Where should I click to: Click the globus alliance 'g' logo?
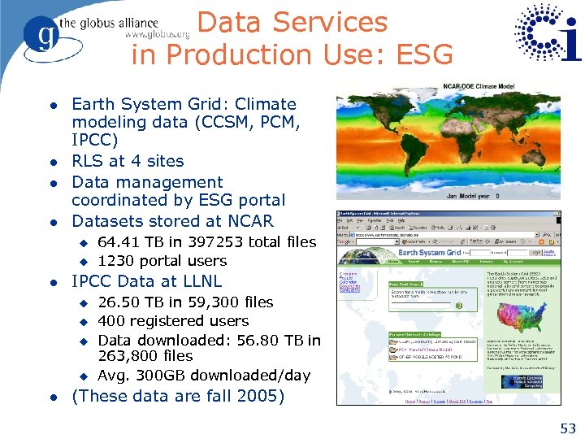click(x=41, y=35)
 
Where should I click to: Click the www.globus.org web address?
click(x=157, y=35)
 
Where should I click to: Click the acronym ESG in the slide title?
click(x=422, y=54)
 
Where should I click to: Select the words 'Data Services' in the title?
click(x=292, y=22)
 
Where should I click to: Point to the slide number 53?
click(x=567, y=428)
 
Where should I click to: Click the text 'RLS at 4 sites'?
click(x=128, y=161)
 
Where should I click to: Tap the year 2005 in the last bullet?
click(x=261, y=396)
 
